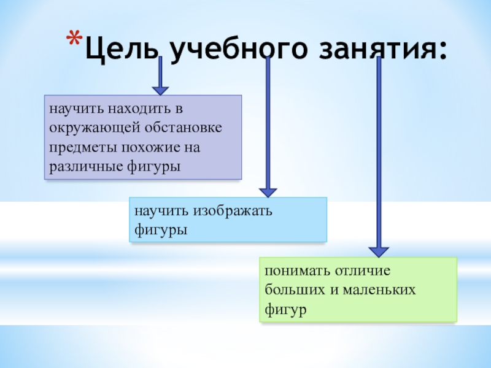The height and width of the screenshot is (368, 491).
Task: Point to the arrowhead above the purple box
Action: coord(160,88)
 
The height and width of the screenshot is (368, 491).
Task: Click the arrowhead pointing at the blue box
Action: coord(268,191)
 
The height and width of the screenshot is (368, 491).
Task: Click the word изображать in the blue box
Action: coord(233,211)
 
